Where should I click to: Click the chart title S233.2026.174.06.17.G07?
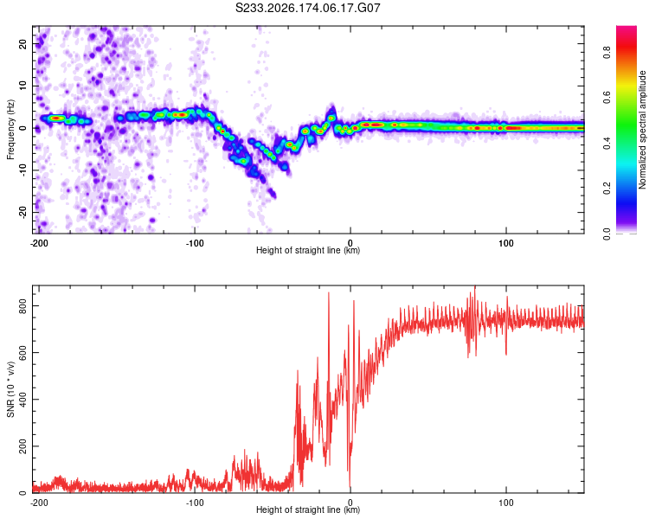pos(307,8)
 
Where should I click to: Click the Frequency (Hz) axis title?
pos(10,130)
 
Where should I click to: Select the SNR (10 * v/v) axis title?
pos(10,389)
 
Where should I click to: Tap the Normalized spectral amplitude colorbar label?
pos(642,130)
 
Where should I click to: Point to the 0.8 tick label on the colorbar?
pos(607,53)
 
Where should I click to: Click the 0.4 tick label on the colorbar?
pos(607,143)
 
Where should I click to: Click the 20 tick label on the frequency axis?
pos(22,43)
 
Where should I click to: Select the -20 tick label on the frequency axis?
pos(22,212)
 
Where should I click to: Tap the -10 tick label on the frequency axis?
pos(22,170)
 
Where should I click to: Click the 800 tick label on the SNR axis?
pos(22,305)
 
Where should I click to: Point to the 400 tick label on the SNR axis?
pos(22,400)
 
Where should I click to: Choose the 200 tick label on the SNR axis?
pos(22,446)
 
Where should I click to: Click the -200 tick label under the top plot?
pos(39,243)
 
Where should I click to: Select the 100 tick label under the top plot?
pos(506,243)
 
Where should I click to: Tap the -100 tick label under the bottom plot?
pos(195,503)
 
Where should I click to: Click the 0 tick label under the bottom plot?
pos(350,503)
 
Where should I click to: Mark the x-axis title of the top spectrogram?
pos(308,250)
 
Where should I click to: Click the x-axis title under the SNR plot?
pos(308,509)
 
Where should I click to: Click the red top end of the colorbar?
pos(627,28)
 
